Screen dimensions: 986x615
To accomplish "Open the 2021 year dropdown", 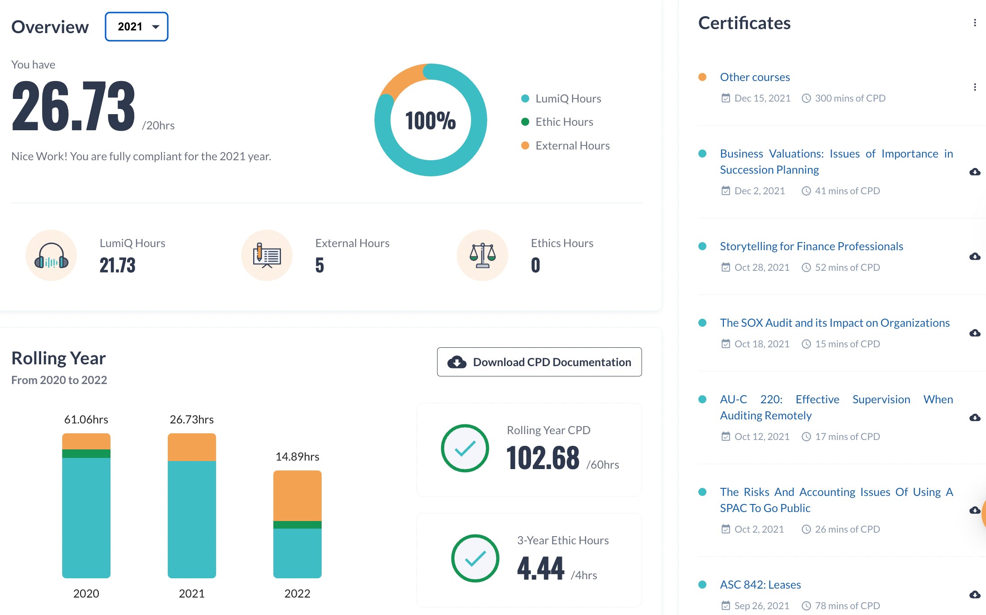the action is click(136, 27).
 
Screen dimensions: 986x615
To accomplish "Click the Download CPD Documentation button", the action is click(539, 362).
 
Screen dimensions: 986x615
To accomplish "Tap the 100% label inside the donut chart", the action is click(430, 120).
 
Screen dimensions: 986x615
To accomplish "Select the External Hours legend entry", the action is click(565, 145).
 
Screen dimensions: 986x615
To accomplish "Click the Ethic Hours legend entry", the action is click(557, 122).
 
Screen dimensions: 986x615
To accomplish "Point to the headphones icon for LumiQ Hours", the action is click(51, 255).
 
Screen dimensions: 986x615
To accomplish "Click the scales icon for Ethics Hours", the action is click(482, 255).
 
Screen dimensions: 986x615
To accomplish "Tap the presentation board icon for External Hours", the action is click(267, 255).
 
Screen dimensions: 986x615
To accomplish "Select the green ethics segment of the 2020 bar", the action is click(86, 453).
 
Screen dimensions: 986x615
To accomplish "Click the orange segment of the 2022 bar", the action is click(297, 495).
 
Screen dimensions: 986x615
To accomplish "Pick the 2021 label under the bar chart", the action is click(191, 594).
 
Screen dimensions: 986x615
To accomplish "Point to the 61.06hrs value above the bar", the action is click(86, 419).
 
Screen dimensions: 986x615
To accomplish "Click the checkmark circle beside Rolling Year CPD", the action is click(465, 448).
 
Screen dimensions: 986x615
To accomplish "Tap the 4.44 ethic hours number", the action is click(540, 568).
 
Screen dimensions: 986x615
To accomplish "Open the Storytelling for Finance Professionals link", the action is click(812, 246).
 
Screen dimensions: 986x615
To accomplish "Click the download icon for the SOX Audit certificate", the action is click(975, 333).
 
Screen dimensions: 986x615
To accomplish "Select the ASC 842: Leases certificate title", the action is click(761, 585).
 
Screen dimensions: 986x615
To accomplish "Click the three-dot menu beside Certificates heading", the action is click(975, 23).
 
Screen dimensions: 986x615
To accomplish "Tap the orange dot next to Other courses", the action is click(702, 77).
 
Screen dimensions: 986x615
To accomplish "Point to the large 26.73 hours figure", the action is click(73, 106).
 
